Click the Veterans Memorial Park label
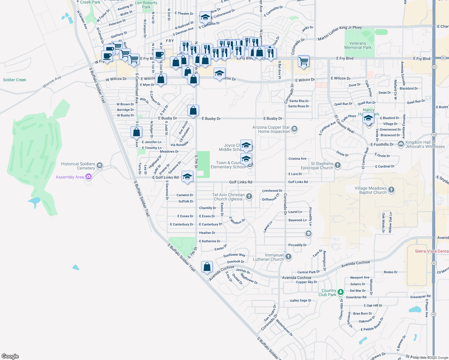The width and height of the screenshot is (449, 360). (358, 46)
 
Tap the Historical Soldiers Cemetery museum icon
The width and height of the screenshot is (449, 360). (100, 166)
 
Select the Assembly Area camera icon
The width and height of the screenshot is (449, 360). (89, 177)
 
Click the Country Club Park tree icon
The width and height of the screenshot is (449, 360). (340, 292)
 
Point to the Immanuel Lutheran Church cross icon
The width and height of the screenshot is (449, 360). (288, 256)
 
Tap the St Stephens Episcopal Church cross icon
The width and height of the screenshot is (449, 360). (338, 165)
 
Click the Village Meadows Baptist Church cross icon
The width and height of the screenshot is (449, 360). (391, 190)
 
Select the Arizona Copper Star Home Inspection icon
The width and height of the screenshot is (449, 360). (294, 129)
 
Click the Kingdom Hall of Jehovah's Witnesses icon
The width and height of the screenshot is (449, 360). (401, 144)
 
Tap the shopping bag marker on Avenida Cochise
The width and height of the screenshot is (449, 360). (207, 266)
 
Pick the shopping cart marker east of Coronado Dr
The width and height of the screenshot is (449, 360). (304, 61)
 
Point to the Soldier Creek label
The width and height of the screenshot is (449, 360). (14, 80)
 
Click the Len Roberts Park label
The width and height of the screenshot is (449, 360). (146, 5)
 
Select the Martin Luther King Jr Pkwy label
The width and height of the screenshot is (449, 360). (340, 33)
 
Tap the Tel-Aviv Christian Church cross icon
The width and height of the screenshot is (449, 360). (249, 196)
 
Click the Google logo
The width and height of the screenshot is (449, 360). (10, 356)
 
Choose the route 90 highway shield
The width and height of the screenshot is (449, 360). (443, 58)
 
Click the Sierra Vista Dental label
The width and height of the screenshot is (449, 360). (432, 251)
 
